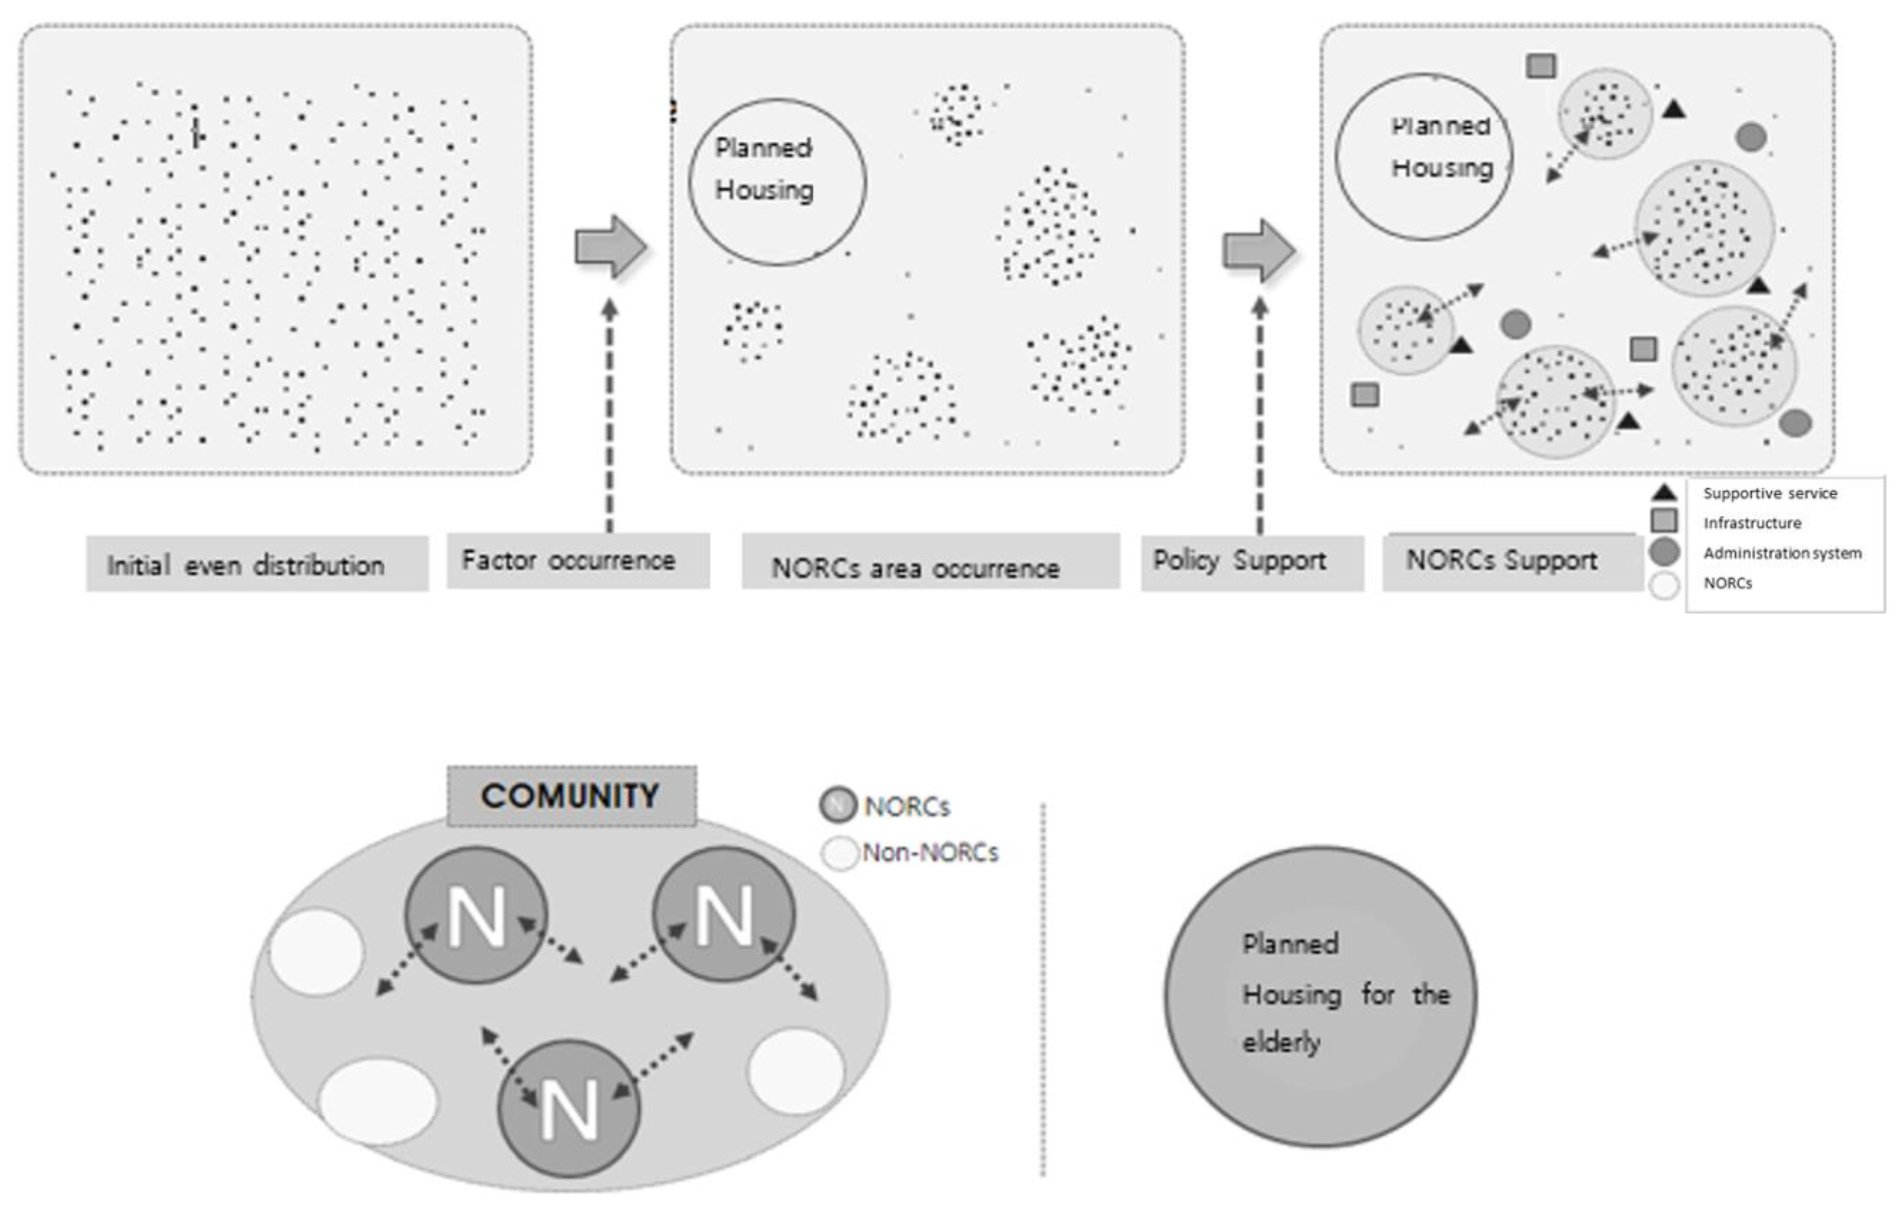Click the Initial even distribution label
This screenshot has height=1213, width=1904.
pyautogui.click(x=256, y=564)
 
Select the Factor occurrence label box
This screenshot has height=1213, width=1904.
pyautogui.click(x=577, y=561)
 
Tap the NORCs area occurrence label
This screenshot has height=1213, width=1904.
pyautogui.click(x=930, y=566)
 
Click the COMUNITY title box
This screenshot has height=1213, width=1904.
pyautogui.click(x=571, y=796)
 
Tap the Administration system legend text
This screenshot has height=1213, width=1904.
pyautogui.click(x=1781, y=553)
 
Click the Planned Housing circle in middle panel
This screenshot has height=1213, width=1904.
pyautogui.click(x=777, y=182)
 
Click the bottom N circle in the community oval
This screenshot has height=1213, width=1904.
pyautogui.click(x=569, y=1108)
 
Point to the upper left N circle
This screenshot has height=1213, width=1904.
pyautogui.click(x=476, y=915)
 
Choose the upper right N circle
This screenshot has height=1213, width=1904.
pyautogui.click(x=723, y=914)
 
